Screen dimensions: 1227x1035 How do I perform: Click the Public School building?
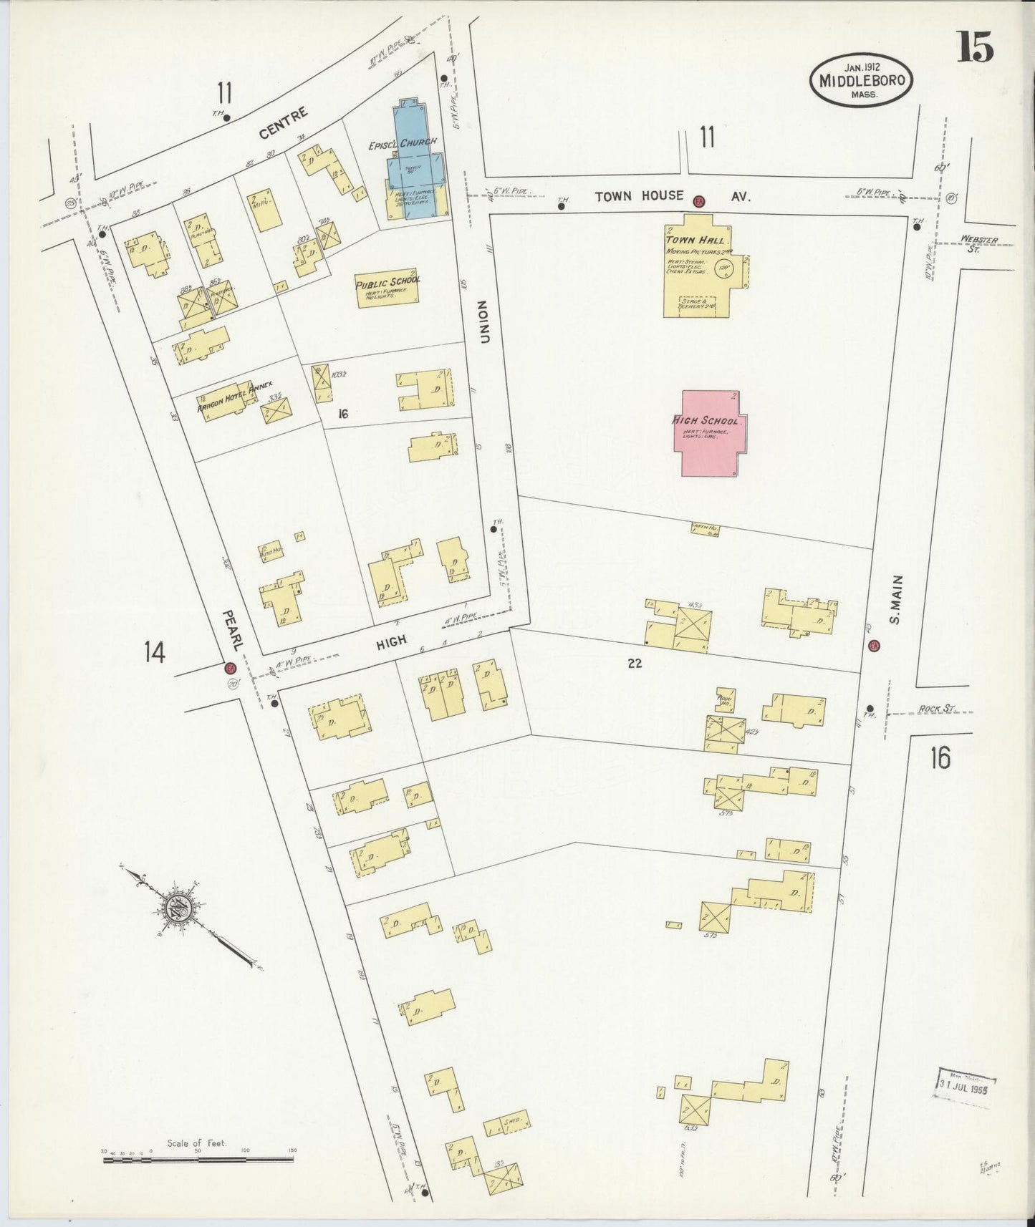pyautogui.click(x=387, y=289)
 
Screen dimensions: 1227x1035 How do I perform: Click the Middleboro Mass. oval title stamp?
pyautogui.click(x=862, y=82)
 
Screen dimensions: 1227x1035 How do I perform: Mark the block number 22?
pyautogui.click(x=634, y=664)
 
